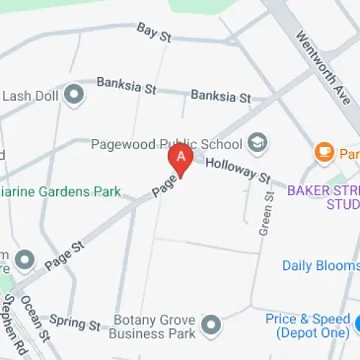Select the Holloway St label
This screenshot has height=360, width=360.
237,171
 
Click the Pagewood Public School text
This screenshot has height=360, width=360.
166,144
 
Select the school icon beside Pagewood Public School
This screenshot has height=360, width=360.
256,143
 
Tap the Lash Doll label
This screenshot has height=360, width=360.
29,95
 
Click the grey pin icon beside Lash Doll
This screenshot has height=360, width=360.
73,94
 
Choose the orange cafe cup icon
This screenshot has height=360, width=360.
323,153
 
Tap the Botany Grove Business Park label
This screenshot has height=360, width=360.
155,326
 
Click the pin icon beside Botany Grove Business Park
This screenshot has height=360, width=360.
211,325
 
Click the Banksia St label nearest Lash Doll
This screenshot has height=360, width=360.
126,86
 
